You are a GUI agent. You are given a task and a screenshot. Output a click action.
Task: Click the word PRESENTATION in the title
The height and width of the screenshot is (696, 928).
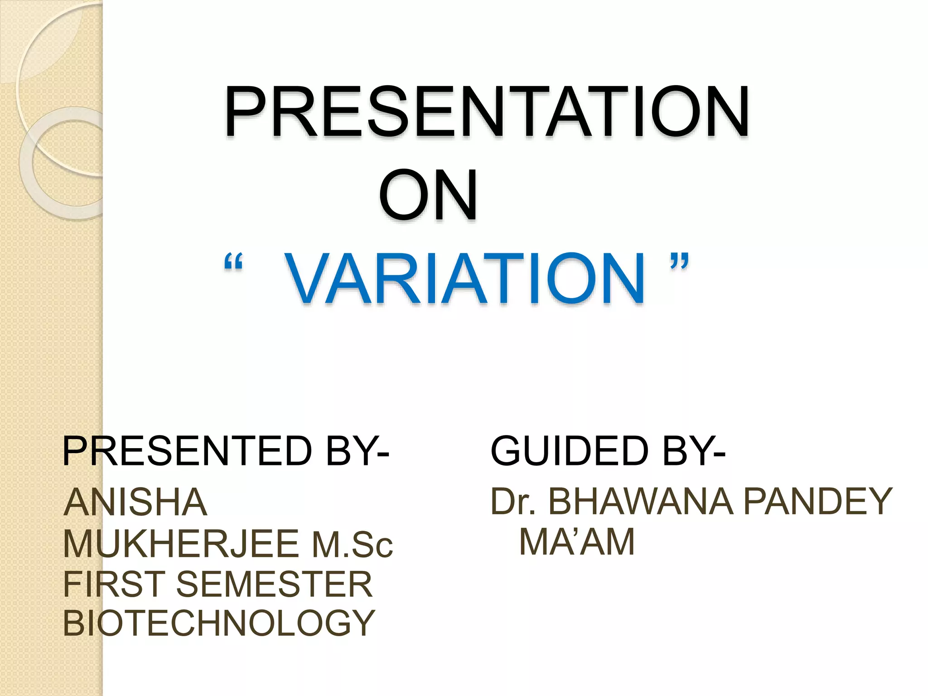(486, 111)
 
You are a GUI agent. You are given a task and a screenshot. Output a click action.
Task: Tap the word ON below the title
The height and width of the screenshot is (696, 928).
(428, 195)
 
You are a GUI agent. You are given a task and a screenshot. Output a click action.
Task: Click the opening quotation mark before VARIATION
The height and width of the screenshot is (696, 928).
(233, 263)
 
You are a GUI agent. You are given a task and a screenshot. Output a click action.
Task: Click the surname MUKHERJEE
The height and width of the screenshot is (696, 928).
(181, 543)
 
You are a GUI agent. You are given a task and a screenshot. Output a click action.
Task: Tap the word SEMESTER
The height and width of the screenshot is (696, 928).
(274, 584)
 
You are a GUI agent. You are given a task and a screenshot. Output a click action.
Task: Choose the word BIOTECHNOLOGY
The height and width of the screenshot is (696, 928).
(219, 623)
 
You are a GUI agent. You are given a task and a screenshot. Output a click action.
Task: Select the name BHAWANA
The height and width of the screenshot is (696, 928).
(641, 502)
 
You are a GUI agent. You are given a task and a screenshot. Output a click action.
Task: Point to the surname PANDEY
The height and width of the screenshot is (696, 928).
(818, 502)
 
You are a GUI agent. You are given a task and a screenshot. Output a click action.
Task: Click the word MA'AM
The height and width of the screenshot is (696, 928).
(577, 542)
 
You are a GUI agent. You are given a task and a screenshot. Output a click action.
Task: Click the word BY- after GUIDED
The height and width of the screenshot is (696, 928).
(693, 451)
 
